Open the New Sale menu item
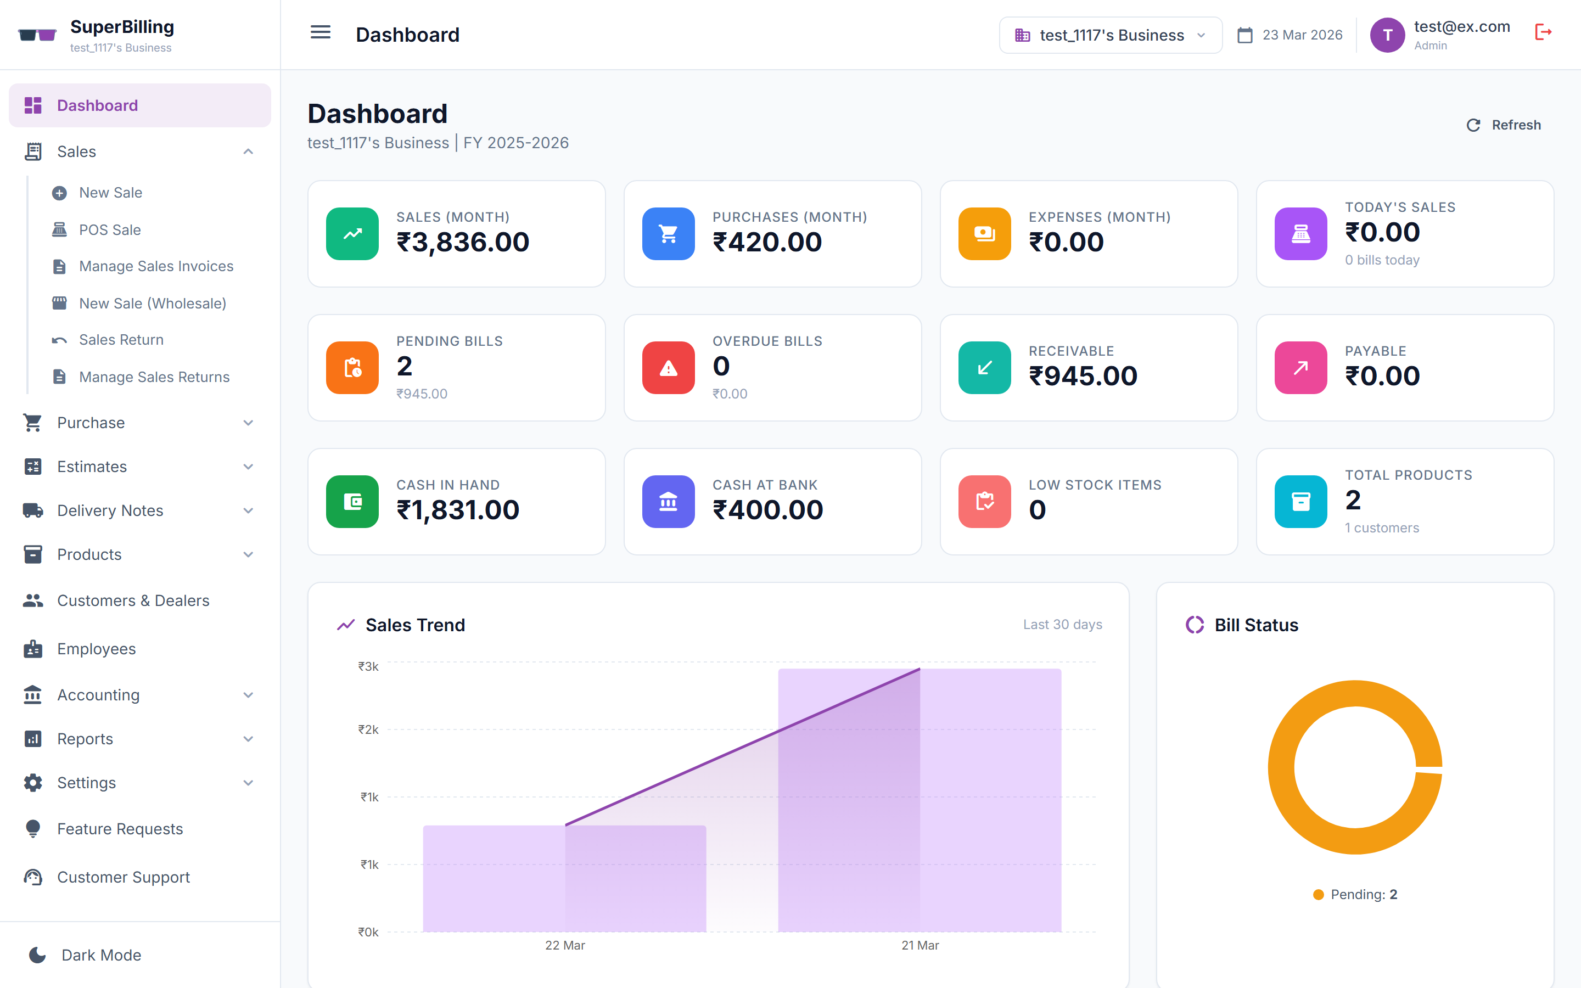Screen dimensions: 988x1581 [110, 193]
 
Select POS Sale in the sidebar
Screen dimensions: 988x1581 [110, 230]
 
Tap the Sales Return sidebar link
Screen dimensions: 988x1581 [121, 340]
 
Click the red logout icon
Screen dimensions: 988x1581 [1543, 32]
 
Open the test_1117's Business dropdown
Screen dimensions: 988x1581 [1110, 35]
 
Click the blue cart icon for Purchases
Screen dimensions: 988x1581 [668, 234]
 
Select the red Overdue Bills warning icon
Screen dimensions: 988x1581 [668, 368]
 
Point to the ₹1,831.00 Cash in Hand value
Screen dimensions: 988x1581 [457, 510]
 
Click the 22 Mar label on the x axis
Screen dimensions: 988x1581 [565, 946]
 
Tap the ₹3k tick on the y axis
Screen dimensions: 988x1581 [368, 666]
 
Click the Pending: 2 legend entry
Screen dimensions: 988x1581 [1355, 895]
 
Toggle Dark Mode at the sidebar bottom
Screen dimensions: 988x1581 [101, 955]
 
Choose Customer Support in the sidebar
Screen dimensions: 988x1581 [124, 877]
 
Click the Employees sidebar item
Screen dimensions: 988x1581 [96, 649]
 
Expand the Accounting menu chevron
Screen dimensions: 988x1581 [248, 695]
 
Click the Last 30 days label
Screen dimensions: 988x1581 [1062, 625]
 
